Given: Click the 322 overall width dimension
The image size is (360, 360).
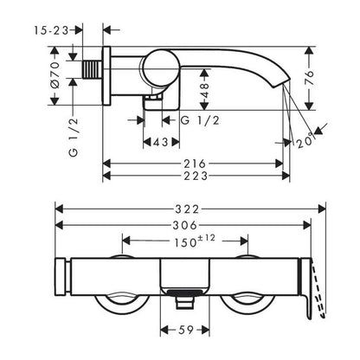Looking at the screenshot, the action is pyautogui.click(x=187, y=209).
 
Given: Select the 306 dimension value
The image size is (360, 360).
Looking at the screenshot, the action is pyautogui.click(x=185, y=225).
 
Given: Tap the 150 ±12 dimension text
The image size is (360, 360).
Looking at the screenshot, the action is pyautogui.click(x=194, y=241).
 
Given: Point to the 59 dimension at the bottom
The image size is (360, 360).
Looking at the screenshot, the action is pyautogui.click(x=185, y=330).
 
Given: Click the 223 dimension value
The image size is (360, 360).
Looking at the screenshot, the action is pyautogui.click(x=196, y=176).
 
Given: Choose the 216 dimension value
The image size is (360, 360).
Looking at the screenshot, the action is pyautogui.click(x=195, y=164).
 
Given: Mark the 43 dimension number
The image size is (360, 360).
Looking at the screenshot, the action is pyautogui.click(x=161, y=142).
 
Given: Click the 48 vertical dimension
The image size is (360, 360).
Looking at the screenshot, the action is pyautogui.click(x=204, y=90).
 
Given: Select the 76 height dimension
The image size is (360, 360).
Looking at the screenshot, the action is pyautogui.click(x=309, y=77).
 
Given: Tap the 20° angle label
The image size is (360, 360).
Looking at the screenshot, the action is pyautogui.click(x=305, y=140).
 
